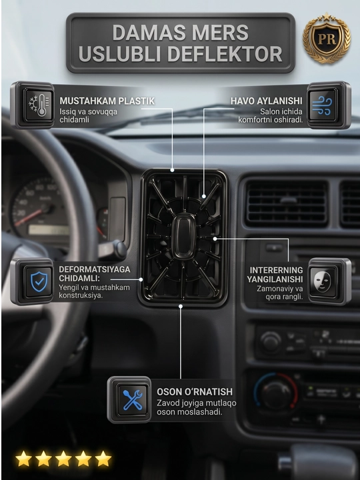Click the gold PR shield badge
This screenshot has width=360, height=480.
pos(326,38)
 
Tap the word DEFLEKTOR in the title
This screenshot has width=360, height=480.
pos(225,54)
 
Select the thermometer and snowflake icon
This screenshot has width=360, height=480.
pos(39,105)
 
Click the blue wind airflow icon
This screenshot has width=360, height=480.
pos(322,105)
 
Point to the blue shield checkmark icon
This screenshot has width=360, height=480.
pos(39,281)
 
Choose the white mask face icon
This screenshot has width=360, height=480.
pos(323,281)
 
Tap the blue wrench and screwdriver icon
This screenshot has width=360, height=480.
pos(133,400)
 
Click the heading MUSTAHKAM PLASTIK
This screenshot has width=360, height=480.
pos(107,101)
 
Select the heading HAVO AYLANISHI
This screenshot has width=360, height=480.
pos(266,101)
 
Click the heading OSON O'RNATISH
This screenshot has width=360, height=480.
pos(195,392)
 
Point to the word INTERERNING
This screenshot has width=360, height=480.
pos(276,270)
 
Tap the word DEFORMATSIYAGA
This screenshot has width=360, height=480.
pos(95,270)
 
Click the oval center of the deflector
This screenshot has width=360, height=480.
pos(183,237)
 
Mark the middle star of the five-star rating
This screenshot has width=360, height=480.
pos(63,459)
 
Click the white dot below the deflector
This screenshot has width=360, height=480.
pos(181,306)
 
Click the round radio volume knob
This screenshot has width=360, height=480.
pos(271,342)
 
